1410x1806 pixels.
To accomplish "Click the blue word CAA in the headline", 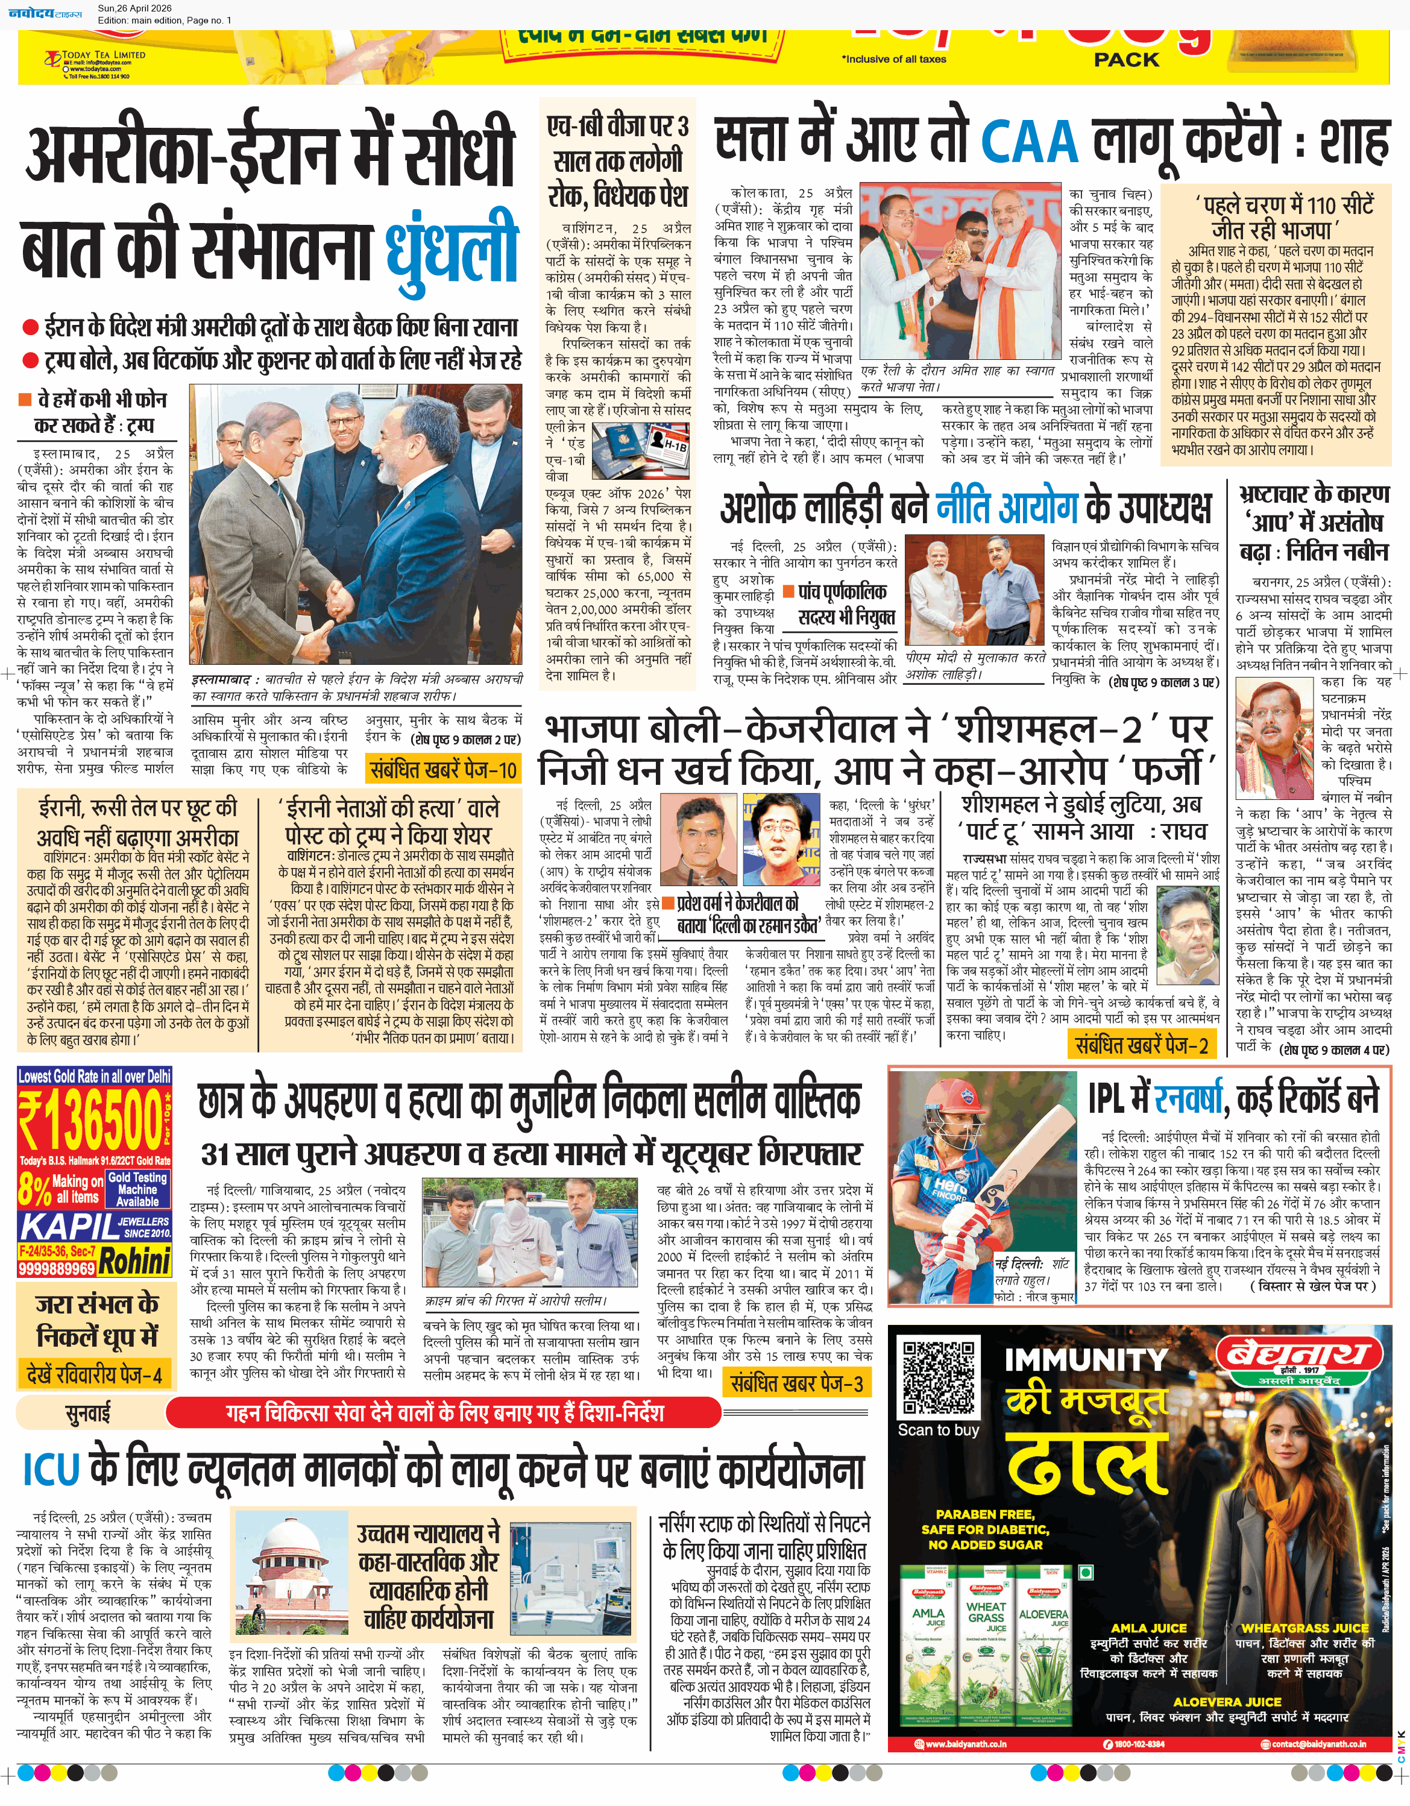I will click(1030, 142).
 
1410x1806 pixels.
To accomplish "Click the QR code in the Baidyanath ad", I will click(939, 1377).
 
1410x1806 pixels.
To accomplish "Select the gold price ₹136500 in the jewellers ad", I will click(91, 1119).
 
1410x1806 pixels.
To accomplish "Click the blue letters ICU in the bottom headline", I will click(51, 1470).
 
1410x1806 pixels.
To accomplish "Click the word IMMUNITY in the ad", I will click(1085, 1359).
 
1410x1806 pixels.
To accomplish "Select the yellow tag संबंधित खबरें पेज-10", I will click(443, 770).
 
